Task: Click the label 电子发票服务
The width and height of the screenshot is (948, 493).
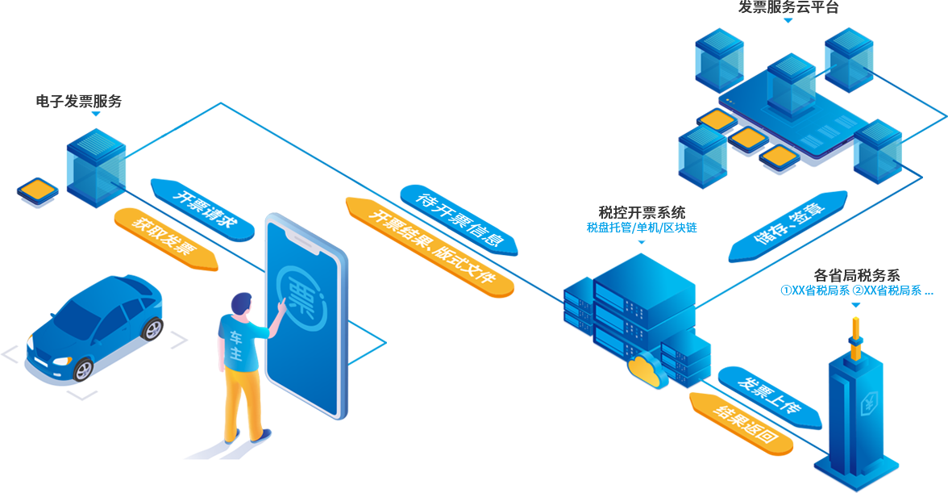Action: click(x=79, y=102)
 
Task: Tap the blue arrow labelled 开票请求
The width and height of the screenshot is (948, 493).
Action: click(x=202, y=209)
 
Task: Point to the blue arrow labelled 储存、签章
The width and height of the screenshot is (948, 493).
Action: click(x=788, y=225)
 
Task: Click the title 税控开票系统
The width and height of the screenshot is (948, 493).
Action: click(x=642, y=213)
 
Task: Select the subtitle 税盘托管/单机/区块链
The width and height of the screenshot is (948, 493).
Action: click(x=642, y=228)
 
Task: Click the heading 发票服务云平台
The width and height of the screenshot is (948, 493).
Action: click(x=788, y=7)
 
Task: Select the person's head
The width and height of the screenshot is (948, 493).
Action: click(x=239, y=304)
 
